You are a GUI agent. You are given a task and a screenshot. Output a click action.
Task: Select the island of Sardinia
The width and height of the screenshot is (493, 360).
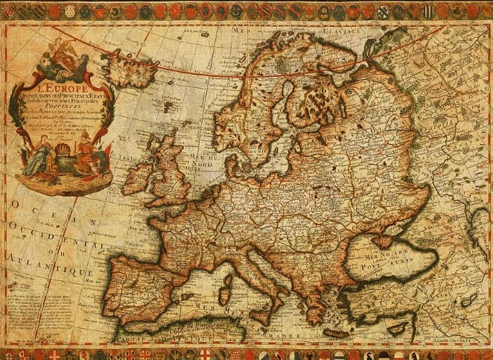coord(223,294)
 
